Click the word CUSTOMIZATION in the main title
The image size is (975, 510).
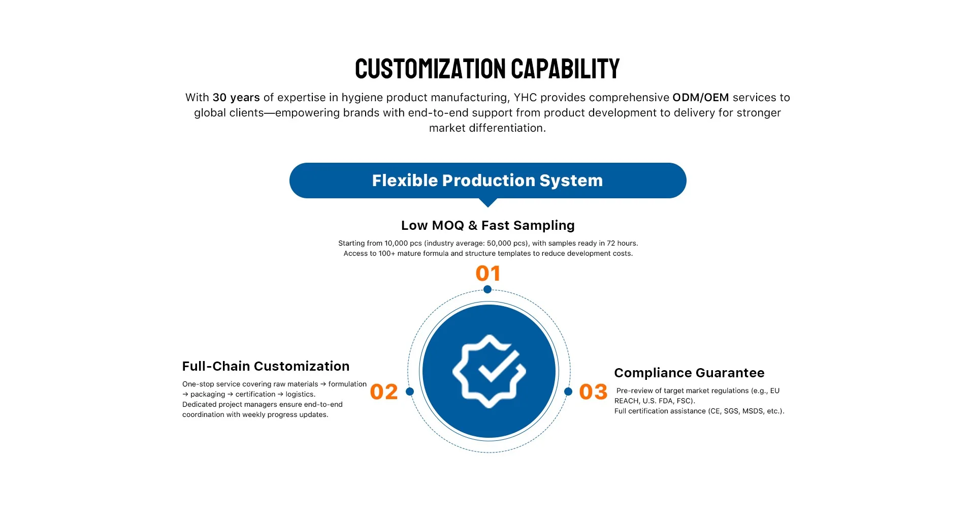(x=430, y=69)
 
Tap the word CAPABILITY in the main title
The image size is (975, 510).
(x=565, y=69)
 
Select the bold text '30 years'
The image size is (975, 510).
(x=236, y=98)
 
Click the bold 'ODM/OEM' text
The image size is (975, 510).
(x=700, y=98)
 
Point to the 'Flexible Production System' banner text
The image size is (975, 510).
(x=487, y=181)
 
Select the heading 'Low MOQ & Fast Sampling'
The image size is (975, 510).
(x=487, y=225)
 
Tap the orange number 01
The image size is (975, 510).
(x=488, y=274)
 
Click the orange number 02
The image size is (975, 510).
(x=384, y=392)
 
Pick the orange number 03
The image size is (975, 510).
(x=593, y=392)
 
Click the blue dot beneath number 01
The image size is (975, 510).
(x=487, y=289)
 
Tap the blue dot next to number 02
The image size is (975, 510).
(x=410, y=392)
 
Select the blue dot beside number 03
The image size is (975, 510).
(x=568, y=392)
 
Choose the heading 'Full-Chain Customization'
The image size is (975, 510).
(x=266, y=366)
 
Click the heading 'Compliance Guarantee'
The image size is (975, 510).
(x=689, y=373)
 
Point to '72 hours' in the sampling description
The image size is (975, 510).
(x=622, y=244)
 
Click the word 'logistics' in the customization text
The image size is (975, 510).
(x=300, y=395)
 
